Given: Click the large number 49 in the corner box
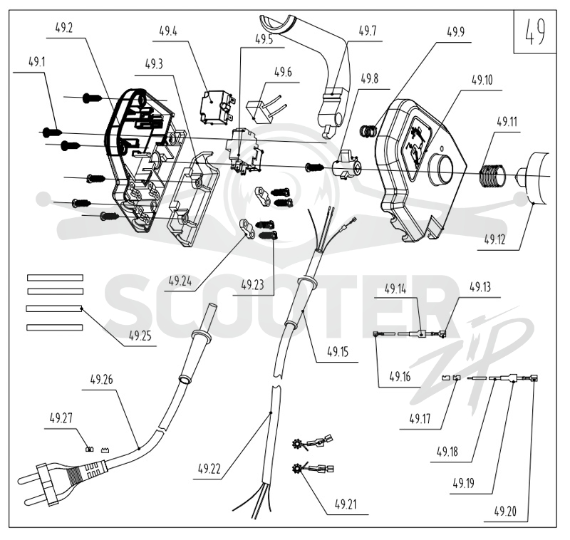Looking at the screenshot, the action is point(534,31).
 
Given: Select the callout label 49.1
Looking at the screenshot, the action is point(37,62).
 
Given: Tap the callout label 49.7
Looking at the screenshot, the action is point(367,31).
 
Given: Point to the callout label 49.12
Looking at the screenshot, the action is point(494,239).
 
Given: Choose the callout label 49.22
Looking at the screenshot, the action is point(209,469).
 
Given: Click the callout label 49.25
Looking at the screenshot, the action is point(140,336).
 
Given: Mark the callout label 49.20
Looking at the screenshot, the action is point(505,512).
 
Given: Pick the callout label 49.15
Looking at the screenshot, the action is point(338,351).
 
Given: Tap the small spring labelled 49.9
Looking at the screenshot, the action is point(368,131).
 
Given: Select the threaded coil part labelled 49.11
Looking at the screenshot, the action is point(492,175).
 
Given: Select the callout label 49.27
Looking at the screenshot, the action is point(61,418).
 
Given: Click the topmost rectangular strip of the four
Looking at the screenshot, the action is point(56,278).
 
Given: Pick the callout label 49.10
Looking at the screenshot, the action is point(482,80).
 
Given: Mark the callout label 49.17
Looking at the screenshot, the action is point(420,419).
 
